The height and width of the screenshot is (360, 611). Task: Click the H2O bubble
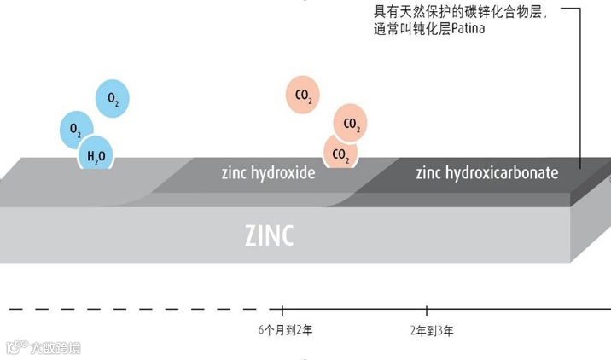tap(96, 154)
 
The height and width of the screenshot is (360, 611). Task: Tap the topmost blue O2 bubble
tap(113, 98)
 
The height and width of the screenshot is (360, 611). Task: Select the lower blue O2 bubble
tap(76, 130)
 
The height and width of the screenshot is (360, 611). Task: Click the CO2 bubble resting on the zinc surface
tap(340, 154)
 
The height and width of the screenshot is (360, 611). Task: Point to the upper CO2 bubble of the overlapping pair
tap(350, 123)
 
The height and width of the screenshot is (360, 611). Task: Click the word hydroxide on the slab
tap(282, 173)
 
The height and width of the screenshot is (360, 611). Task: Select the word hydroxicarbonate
tap(502, 173)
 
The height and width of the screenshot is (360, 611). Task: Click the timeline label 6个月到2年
tap(284, 330)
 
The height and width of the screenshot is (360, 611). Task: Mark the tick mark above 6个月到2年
tap(283, 309)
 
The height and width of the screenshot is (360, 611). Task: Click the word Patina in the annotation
tap(490, 29)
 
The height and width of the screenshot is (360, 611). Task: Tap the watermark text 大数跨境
tap(55, 347)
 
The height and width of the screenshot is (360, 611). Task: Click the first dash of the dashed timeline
tap(15, 308)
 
